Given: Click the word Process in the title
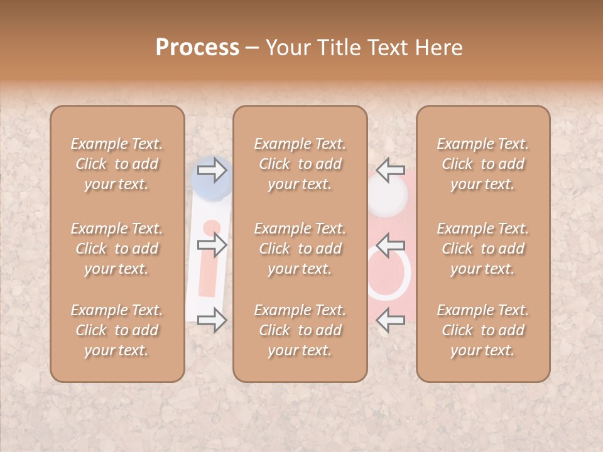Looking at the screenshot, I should coord(197,48).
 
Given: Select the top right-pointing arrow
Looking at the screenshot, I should coord(212,169).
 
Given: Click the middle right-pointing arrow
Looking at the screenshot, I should coord(212,244).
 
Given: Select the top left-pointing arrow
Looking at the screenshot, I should coord(391,169).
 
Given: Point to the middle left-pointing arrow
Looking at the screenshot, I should coord(391,244).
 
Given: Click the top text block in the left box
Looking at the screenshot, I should coord(117,164).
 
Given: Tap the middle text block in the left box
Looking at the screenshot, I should coord(117,249).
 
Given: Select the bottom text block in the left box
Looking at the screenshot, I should coord(117,330).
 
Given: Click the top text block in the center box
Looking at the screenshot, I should coord(300,164).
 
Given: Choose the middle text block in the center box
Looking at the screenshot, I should coord(300,249).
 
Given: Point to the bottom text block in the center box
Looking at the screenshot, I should coord(300,330).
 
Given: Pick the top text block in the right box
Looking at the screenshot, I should coord(483,164).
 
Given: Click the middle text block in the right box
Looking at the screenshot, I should coord(483,249).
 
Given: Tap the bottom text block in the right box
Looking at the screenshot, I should coord(483,330).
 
